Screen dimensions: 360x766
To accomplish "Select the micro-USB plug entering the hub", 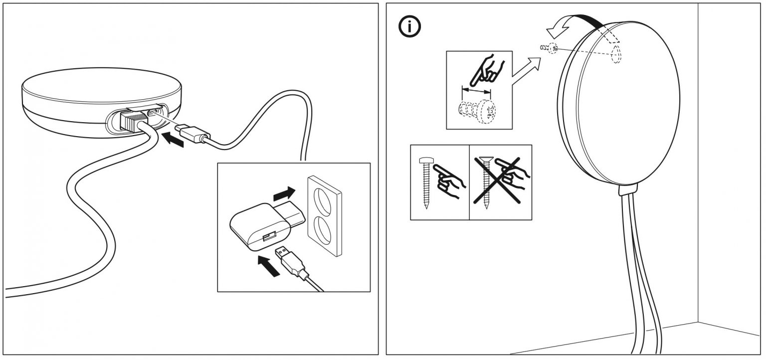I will pos(194,133).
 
